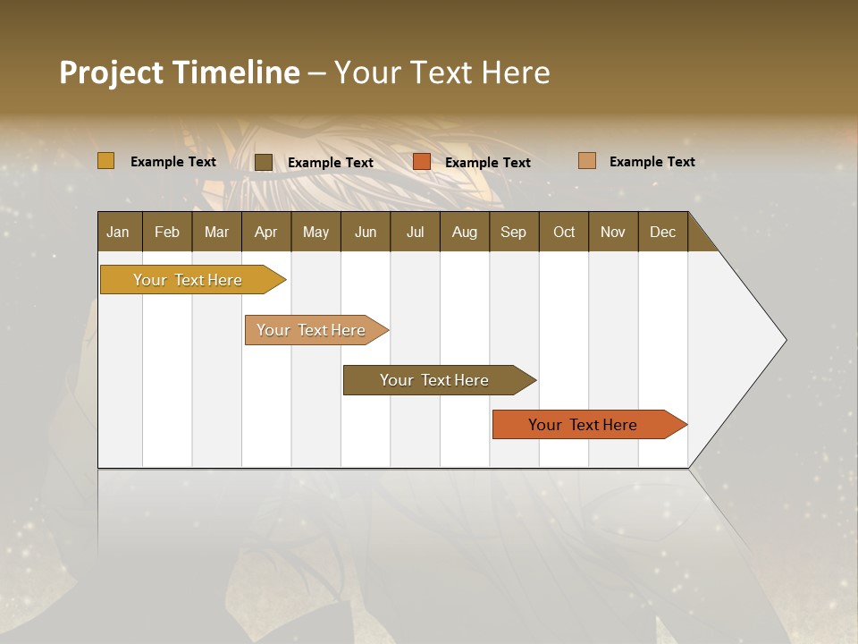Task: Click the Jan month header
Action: (118, 232)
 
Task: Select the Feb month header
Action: (167, 232)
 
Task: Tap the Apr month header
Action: (265, 232)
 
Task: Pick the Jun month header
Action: (366, 232)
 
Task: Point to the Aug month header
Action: (464, 232)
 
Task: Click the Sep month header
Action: (513, 232)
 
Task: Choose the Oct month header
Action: (564, 232)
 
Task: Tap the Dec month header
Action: (662, 232)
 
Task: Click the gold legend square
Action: (106, 161)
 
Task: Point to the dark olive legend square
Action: (264, 162)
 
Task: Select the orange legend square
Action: (422, 162)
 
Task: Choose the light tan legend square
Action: (587, 161)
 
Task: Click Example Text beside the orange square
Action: (487, 162)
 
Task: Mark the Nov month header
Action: (612, 232)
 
